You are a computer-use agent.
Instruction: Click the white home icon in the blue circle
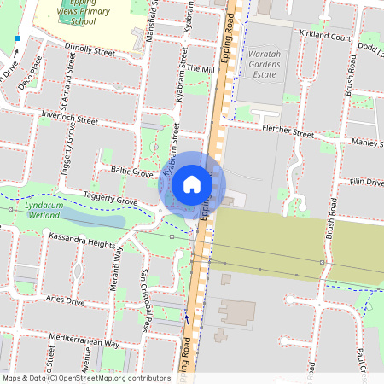coord(192,183)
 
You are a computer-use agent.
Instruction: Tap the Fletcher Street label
coord(288,132)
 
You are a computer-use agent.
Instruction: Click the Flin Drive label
coord(367,182)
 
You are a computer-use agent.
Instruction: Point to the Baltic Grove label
coord(131,172)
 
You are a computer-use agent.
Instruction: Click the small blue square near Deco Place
coord(17,38)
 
